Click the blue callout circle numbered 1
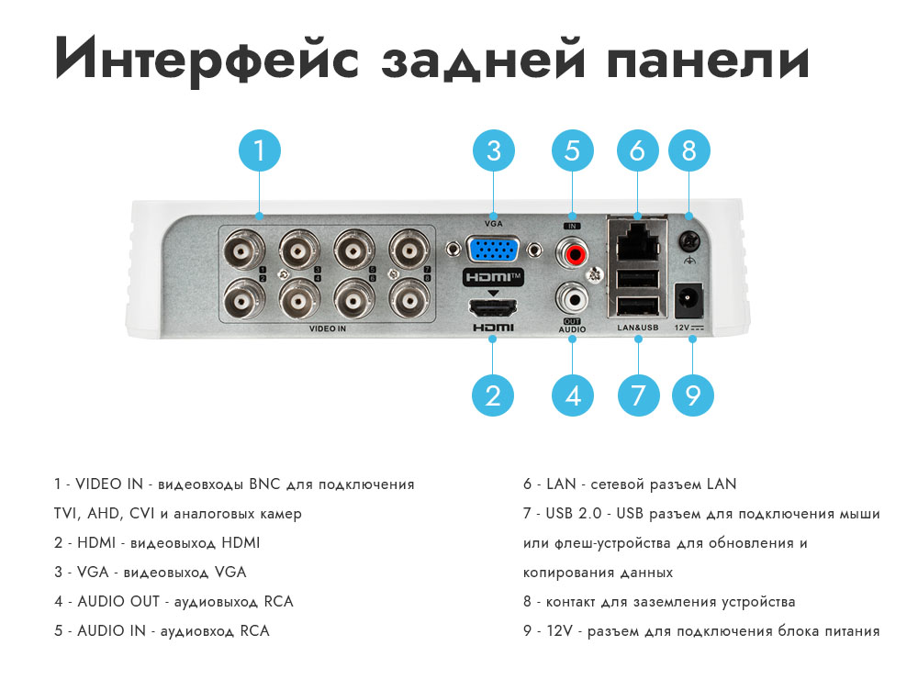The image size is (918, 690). point(260,150)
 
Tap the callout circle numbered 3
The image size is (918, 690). point(494,150)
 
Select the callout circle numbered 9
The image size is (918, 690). point(692,395)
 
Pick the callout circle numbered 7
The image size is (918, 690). point(638,395)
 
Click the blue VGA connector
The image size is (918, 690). point(493,250)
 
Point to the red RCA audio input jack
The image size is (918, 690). point(573,252)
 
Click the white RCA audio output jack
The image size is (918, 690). point(573,300)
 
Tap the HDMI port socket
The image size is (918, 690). point(493,307)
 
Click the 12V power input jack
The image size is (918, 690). point(689,300)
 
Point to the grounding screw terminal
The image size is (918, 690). point(689,241)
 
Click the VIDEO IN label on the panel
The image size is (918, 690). point(328,328)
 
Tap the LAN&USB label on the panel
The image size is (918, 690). point(638,328)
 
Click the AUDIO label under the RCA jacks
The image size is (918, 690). point(572,329)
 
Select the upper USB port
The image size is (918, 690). point(638,279)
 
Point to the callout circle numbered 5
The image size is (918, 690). point(573,150)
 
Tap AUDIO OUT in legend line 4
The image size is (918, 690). point(118,601)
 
